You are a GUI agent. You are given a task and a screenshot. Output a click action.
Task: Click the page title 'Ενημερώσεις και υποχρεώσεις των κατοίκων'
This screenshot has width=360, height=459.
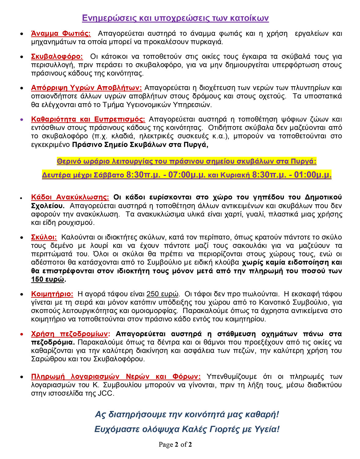(175, 18)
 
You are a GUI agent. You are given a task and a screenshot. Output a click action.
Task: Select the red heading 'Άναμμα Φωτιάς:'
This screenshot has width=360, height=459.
(61, 33)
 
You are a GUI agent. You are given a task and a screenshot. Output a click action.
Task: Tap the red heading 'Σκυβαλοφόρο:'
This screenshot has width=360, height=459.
(57, 57)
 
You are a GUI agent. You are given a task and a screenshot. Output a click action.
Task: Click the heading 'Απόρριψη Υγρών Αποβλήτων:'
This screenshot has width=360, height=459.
(86, 88)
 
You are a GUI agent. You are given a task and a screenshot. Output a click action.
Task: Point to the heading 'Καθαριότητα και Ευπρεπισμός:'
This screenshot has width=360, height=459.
(88, 119)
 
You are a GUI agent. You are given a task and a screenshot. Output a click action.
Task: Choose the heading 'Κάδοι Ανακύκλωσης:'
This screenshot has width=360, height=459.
(70, 197)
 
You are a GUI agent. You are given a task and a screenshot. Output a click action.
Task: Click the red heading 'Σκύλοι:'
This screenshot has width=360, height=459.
(44, 237)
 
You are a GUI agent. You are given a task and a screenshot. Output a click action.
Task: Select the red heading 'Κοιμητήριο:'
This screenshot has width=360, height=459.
(52, 294)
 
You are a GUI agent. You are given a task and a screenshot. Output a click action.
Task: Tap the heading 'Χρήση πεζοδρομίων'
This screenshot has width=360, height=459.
(69, 334)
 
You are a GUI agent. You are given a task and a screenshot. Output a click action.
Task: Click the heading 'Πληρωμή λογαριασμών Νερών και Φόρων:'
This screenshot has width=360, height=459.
(116, 376)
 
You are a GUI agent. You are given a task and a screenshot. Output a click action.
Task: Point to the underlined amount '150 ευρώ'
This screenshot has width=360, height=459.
(48, 279)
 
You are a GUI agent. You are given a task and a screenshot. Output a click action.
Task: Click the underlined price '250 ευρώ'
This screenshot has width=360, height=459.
(163, 294)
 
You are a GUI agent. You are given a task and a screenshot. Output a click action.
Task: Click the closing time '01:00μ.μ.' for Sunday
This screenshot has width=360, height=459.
(313, 175)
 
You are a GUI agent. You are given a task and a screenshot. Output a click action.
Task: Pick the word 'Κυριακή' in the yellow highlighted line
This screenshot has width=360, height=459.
(234, 175)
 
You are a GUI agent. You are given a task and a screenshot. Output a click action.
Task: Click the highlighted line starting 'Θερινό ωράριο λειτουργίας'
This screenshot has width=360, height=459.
(186, 161)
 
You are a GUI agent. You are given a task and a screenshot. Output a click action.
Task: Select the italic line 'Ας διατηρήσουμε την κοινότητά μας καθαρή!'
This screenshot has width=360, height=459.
(187, 414)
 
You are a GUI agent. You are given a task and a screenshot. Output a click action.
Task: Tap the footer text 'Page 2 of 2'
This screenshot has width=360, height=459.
(175, 445)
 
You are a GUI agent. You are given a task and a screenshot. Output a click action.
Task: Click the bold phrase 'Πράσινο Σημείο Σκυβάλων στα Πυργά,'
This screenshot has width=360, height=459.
(140, 145)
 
